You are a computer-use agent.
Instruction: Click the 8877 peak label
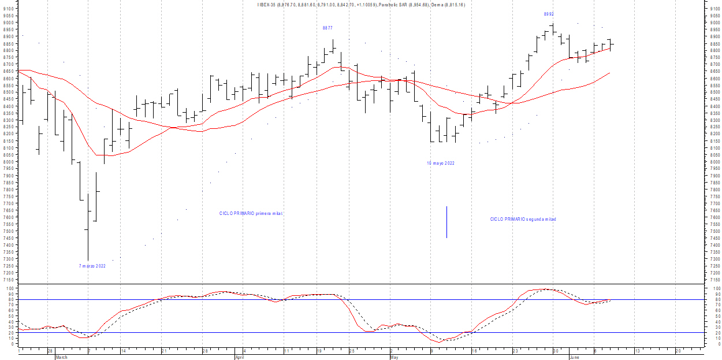coord(327,28)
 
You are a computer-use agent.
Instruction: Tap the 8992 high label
coord(549,14)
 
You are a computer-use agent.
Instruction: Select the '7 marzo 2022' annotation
coord(92,266)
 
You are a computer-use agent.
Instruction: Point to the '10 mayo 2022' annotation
coord(441,163)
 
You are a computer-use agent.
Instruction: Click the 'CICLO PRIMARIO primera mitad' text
coord(251,213)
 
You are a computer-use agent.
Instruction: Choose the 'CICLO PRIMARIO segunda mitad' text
coord(523,219)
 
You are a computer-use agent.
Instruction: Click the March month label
coord(61,357)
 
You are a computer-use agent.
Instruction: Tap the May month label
coord(395,357)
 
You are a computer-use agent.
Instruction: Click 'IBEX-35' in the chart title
coord(266,5)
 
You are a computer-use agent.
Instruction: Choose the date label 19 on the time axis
coord(319,351)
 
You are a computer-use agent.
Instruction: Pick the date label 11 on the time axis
coord(286,351)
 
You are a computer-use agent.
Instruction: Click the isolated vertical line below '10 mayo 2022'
coord(446,222)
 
